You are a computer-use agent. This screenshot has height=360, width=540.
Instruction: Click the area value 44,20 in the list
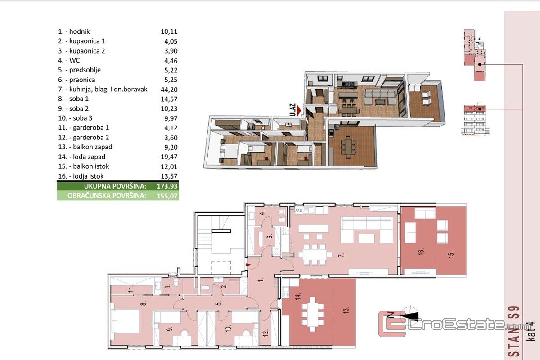tap(169, 90)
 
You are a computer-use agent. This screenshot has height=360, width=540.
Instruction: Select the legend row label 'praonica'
tap(82, 80)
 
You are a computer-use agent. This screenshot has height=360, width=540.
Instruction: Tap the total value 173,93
tap(167, 186)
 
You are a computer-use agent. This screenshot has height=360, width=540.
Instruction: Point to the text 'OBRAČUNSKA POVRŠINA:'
tap(107, 196)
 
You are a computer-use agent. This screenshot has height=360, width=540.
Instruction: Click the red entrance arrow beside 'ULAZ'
tap(299, 111)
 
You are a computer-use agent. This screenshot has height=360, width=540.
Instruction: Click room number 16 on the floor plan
tap(421, 252)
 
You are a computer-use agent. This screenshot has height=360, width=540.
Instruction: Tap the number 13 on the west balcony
tap(346, 310)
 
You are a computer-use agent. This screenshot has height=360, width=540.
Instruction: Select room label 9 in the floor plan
tap(170, 328)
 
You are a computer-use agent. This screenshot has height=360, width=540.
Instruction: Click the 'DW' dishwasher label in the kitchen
tap(299, 211)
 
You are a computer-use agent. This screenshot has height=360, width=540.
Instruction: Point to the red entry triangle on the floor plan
tap(248, 265)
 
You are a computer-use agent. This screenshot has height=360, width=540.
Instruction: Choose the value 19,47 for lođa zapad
tap(169, 157)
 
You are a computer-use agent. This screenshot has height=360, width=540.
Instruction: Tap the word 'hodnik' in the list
tap(80, 31)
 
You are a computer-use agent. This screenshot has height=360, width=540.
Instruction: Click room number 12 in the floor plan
tap(265, 333)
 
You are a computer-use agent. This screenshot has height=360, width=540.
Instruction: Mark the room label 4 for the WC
tap(263, 212)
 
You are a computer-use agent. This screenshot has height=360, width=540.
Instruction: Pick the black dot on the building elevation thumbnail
tap(480, 109)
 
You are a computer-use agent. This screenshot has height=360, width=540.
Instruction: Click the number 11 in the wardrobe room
tap(130, 289)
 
